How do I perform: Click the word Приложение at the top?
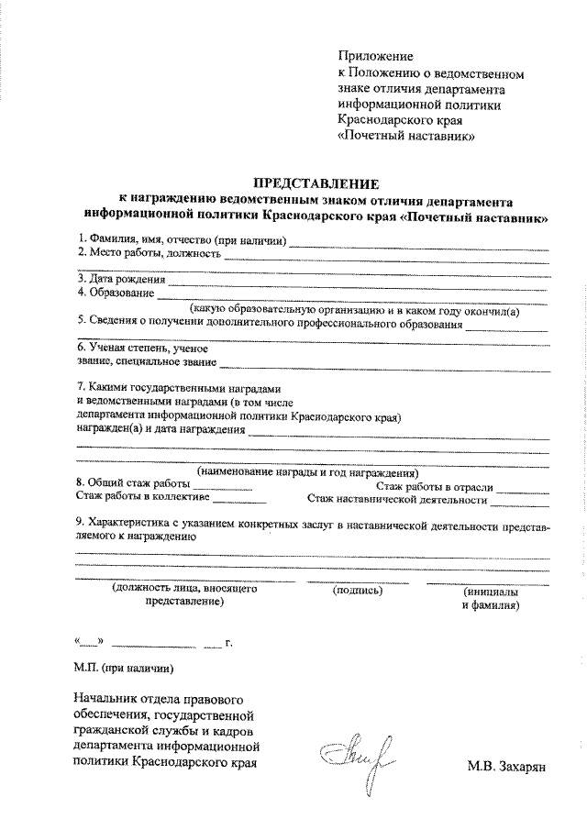tap(376, 57)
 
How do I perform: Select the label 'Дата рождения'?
tap(127, 279)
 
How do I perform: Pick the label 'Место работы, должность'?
tap(155, 253)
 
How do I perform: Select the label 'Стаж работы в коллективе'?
tap(141, 499)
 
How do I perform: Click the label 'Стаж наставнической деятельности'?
tap(396, 500)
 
